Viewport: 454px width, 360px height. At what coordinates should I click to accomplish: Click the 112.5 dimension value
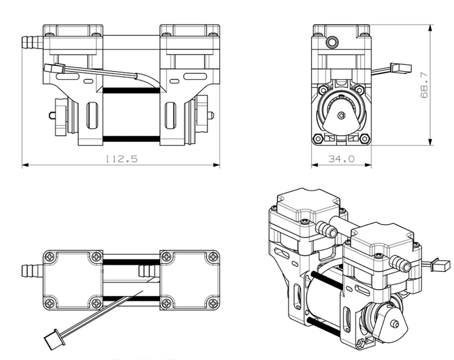pyautogui.click(x=121, y=160)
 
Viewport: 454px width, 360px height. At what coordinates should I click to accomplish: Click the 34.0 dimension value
pyautogui.click(x=341, y=160)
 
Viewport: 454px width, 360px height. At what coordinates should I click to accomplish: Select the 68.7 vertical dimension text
pyautogui.click(x=423, y=85)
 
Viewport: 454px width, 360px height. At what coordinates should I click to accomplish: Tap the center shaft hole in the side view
pyautogui.click(x=341, y=115)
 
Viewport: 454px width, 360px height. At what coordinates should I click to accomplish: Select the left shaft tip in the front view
pyautogui.click(x=51, y=116)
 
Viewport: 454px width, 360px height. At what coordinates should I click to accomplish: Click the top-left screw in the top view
pyautogui.click(x=52, y=257)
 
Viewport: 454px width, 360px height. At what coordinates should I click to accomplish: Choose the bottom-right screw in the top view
pyautogui.click(x=211, y=300)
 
